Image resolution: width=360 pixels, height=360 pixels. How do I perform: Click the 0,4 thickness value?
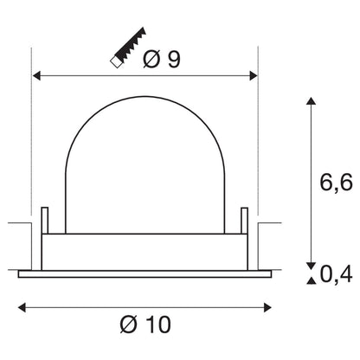pos(335,276)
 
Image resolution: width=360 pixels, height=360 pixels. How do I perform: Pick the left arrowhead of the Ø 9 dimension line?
pos(36,75)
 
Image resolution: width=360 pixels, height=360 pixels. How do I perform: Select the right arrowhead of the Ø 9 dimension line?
pos(254,75)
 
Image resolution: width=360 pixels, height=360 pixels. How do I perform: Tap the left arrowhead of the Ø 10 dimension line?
pos(22,307)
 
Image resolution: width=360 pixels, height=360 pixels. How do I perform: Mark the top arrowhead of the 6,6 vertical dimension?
pos(310,101)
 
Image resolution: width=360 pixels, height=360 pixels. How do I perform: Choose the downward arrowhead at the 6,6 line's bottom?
pos(310,265)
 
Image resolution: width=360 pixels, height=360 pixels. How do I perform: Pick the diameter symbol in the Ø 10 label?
pos(129,325)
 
